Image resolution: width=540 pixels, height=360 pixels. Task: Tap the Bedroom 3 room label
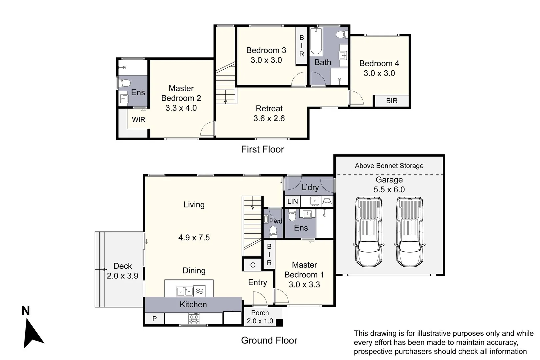click(x=266, y=50)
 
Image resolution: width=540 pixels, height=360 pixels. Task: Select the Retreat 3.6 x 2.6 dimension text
click(x=269, y=118)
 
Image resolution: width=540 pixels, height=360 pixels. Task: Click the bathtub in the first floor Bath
click(x=316, y=41)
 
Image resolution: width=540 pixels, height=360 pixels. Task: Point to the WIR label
click(x=139, y=119)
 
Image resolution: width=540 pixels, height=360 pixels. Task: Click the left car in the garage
click(x=369, y=232)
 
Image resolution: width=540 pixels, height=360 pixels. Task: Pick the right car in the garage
click(x=410, y=232)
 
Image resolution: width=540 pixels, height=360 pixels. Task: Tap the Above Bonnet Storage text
click(x=389, y=166)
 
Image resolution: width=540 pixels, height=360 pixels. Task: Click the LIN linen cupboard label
click(x=293, y=201)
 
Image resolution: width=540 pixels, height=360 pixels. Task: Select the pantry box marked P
click(x=155, y=319)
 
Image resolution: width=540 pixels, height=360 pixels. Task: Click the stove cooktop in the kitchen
click(x=194, y=319)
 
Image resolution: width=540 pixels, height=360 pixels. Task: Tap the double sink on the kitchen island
click(x=185, y=292)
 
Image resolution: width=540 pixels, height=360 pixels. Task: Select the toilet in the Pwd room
click(x=273, y=231)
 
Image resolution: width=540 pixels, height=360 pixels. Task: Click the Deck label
click(x=122, y=266)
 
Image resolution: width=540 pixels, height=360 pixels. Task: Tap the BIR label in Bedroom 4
click(x=392, y=101)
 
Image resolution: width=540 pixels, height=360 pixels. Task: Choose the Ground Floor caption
click(x=269, y=340)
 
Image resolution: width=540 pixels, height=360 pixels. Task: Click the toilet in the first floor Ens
click(x=125, y=83)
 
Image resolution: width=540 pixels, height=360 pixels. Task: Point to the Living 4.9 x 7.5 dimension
click(x=194, y=238)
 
